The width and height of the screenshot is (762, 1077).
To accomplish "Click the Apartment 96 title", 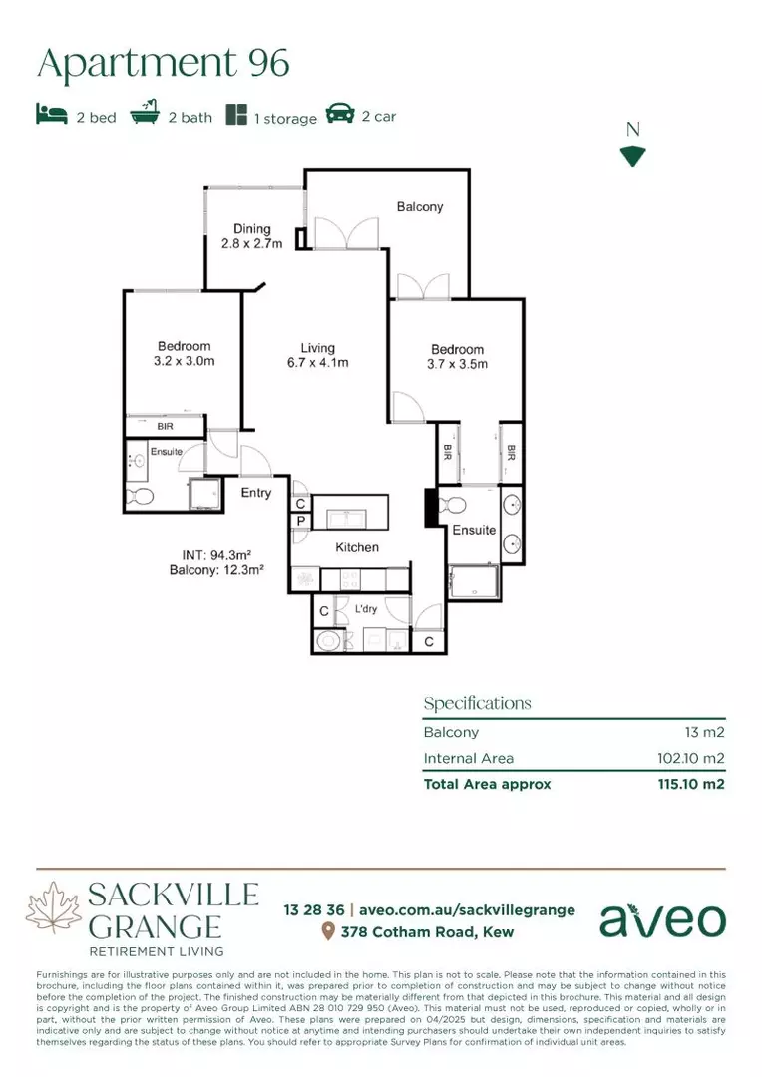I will pyautogui.click(x=164, y=63).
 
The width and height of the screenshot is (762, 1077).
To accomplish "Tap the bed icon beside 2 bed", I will pyautogui.click(x=51, y=115).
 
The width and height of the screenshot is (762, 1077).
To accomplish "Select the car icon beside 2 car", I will pyautogui.click(x=340, y=114).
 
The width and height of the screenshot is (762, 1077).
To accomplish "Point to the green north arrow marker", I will pyautogui.click(x=632, y=156).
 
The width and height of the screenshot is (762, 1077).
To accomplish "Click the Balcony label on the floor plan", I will pyautogui.click(x=419, y=207).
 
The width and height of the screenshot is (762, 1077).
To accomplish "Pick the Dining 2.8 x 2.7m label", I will pyautogui.click(x=252, y=236).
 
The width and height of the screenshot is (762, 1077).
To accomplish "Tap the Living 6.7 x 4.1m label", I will pyautogui.click(x=317, y=356).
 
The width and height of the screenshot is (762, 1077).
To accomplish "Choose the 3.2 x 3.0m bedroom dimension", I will pyautogui.click(x=185, y=361).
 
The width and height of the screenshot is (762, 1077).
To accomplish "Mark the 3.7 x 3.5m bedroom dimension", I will pyautogui.click(x=458, y=364).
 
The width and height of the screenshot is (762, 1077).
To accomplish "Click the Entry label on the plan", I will pyautogui.click(x=256, y=493).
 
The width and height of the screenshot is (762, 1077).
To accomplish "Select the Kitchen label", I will pyautogui.click(x=357, y=547).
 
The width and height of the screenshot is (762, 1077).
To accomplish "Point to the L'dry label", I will pyautogui.click(x=366, y=608).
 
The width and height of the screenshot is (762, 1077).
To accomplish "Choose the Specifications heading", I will pyautogui.click(x=477, y=703).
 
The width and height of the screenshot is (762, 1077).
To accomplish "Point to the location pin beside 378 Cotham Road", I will pyautogui.click(x=327, y=932).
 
